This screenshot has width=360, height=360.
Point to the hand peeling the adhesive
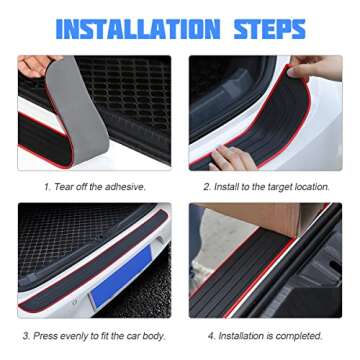click(36, 65)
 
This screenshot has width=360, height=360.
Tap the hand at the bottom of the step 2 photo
click(231, 158)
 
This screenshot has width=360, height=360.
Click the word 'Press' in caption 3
click(50, 335)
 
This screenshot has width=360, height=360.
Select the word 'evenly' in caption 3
click(81, 335)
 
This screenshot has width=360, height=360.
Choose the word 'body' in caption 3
click(154, 335)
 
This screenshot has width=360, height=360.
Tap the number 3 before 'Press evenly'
click(26, 335)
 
